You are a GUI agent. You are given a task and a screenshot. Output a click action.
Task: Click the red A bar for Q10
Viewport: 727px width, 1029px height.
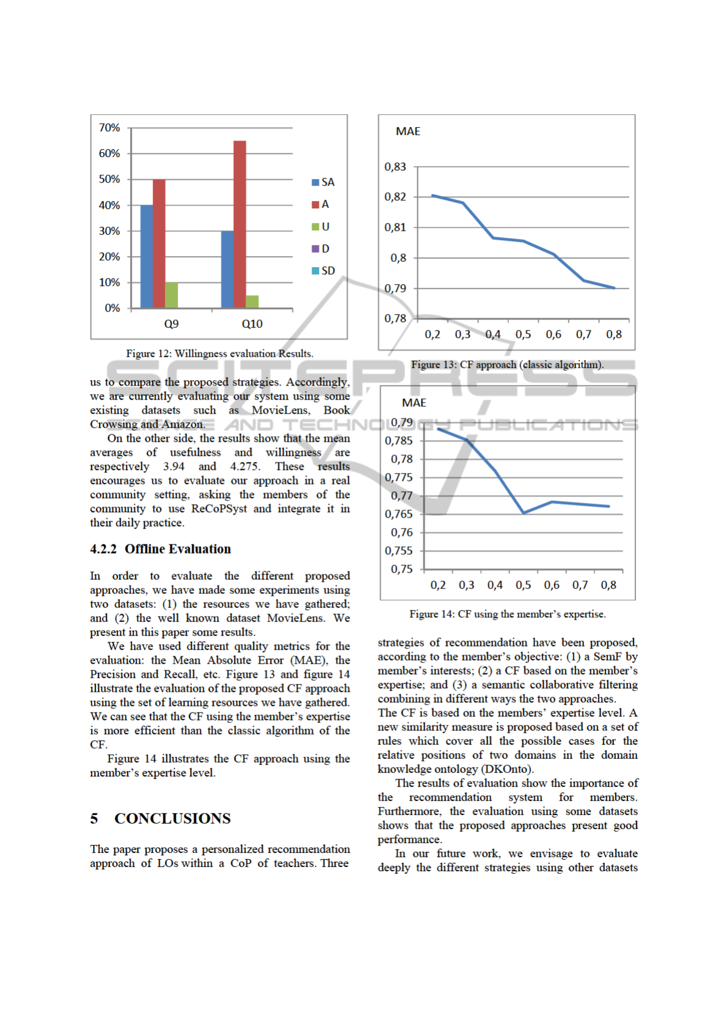(x=239, y=224)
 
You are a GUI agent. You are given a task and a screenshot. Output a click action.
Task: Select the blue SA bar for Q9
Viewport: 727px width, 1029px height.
(x=147, y=256)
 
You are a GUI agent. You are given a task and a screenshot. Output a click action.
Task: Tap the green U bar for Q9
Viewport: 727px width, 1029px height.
(x=172, y=295)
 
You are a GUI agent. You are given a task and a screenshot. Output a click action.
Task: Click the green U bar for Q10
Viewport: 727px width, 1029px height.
(x=252, y=301)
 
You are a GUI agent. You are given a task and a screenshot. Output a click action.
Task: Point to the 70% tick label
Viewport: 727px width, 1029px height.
(x=109, y=128)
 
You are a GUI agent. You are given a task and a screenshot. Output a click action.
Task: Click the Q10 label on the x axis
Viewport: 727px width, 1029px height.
(x=252, y=324)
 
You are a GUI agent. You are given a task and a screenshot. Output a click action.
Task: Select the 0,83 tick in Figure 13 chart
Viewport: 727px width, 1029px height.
(x=395, y=167)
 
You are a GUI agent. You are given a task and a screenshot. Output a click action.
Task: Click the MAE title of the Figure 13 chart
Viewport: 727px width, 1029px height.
(x=408, y=131)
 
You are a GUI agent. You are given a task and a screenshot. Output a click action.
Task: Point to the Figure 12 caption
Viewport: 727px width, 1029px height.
(x=219, y=353)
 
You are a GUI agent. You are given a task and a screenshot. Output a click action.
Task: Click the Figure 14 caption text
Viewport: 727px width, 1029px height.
(x=507, y=614)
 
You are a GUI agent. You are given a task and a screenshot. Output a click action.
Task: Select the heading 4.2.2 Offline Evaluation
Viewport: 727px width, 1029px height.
(x=161, y=549)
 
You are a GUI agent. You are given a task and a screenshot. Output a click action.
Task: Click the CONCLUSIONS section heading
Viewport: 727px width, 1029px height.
(x=172, y=818)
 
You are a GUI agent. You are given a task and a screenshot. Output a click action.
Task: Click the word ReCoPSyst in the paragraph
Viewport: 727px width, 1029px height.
(x=219, y=508)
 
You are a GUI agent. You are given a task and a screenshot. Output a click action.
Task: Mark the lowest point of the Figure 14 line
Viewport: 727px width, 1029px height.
(x=524, y=513)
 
